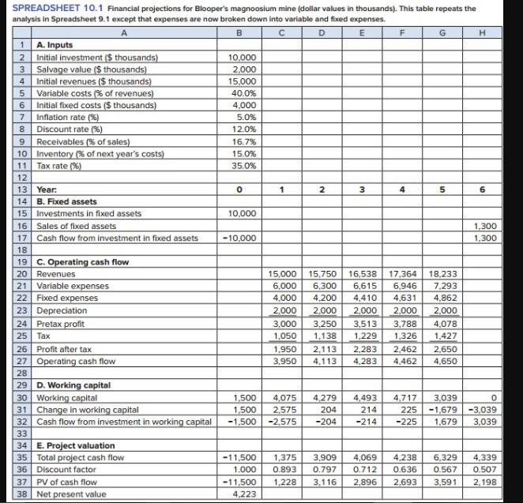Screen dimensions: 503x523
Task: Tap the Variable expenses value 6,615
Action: (x=365, y=287)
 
